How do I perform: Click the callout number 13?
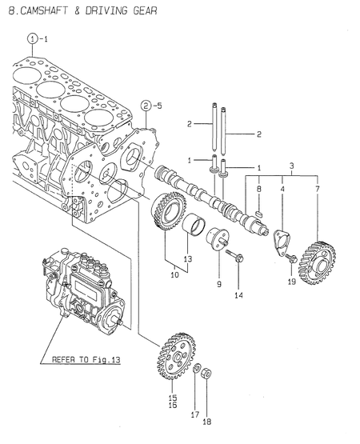tap(188, 258)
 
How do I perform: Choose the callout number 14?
tap(239, 295)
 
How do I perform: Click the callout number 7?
tap(318, 189)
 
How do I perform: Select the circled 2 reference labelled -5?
tap(146, 104)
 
